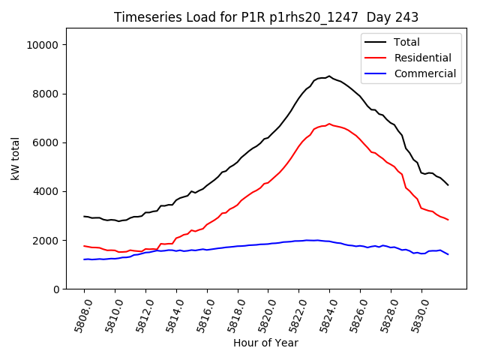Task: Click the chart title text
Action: tap(266, 17)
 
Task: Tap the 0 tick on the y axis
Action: tap(57, 289)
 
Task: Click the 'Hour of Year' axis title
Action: tap(265, 343)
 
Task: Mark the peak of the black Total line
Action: tap(329, 76)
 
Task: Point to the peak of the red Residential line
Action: tap(329, 124)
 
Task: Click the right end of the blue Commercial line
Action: tap(448, 254)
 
